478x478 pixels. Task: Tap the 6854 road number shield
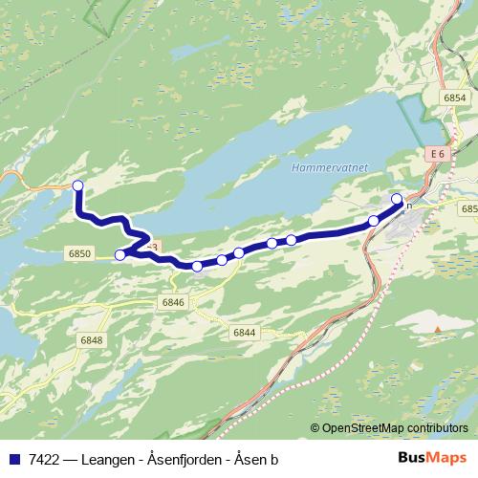point(455,98)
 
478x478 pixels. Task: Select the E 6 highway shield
point(438,153)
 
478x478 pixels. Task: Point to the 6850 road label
point(80,253)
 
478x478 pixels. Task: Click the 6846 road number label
point(173,302)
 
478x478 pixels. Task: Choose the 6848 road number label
point(92,340)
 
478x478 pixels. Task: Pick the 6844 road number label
point(244,332)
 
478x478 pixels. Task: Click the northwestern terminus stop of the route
point(78,185)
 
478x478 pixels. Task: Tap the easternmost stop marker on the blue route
point(397,199)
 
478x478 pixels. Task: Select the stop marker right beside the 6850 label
point(120,254)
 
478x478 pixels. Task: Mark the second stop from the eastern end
point(374,220)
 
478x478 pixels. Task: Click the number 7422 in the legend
point(41,459)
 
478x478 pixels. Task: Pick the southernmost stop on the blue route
point(197,267)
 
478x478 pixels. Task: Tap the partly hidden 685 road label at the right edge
point(468,208)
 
